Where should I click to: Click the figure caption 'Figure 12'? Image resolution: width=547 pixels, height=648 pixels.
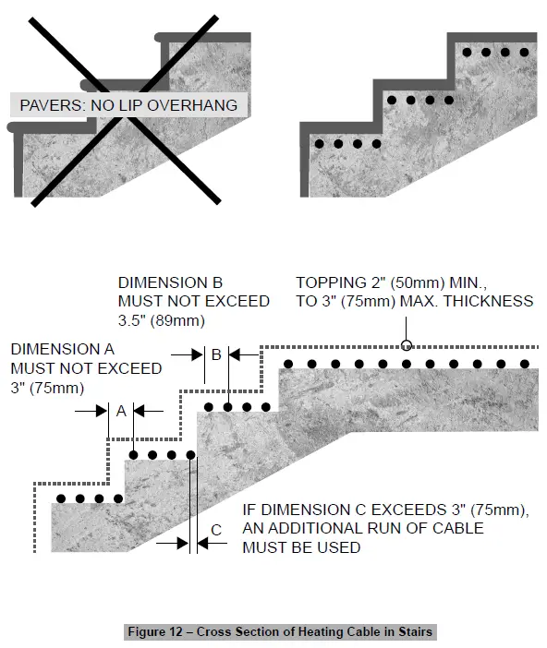point(279,632)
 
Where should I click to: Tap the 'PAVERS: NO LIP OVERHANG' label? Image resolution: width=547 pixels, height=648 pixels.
point(128,105)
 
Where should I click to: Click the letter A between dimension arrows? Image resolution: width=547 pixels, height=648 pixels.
point(120,412)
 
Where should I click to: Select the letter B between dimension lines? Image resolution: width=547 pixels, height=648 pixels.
point(216,354)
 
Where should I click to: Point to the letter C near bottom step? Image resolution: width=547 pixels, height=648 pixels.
point(216,529)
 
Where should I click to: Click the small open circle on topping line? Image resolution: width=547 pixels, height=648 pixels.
point(406,347)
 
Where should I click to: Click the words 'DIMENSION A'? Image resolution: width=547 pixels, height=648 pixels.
point(63,350)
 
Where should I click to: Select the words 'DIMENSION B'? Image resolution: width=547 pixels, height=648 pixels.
point(171,282)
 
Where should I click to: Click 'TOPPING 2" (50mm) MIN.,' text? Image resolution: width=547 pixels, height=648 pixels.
point(388,282)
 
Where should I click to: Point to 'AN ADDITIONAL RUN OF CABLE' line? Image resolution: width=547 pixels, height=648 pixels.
point(362,529)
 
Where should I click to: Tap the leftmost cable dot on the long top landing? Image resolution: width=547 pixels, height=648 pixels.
point(289,364)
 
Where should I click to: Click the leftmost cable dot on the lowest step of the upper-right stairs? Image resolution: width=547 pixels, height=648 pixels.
point(319,145)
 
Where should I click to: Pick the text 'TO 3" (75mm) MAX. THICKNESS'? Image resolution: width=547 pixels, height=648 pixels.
point(414,302)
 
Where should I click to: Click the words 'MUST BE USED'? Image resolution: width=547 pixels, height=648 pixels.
point(301,548)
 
